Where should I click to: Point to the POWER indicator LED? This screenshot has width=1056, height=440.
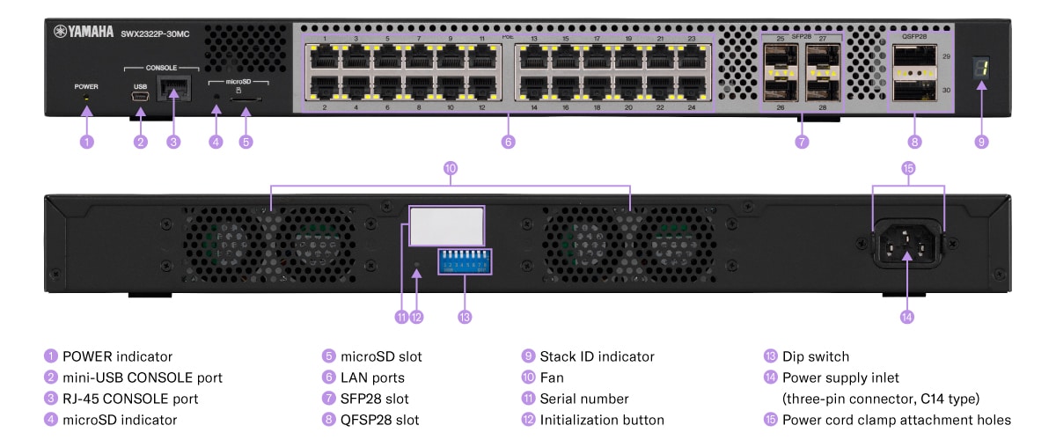[x=86, y=99]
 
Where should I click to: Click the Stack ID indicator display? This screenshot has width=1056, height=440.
[x=982, y=74]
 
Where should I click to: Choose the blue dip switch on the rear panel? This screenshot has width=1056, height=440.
[x=466, y=263]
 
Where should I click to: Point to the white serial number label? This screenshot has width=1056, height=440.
[x=447, y=226]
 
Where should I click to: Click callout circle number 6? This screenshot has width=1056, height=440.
[x=508, y=141]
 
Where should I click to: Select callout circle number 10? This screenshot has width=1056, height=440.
[x=451, y=167]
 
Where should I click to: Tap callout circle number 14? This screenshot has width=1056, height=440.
[x=906, y=317]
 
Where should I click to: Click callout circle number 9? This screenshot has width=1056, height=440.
[x=982, y=141]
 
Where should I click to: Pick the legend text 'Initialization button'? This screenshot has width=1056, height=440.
[x=602, y=420]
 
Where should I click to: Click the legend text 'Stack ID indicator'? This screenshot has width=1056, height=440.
[x=597, y=356]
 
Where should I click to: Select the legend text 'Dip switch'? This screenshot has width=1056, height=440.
[x=816, y=356]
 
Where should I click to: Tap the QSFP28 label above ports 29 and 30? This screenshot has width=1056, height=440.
[x=914, y=37]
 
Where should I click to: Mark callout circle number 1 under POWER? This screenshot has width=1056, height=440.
[x=86, y=141]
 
